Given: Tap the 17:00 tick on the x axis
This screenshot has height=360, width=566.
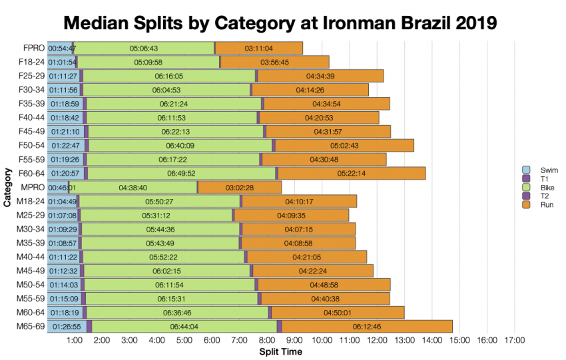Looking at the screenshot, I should [515, 340].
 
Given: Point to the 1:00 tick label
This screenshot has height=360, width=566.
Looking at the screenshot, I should [74, 340].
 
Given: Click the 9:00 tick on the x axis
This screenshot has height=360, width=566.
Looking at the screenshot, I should [294, 340].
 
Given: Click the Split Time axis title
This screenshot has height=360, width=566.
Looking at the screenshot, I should [280, 351].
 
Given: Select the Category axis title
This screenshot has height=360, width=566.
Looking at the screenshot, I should [7, 188].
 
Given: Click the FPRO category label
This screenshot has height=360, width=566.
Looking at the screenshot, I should [33, 48].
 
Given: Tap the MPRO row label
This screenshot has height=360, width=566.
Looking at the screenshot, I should [33, 188].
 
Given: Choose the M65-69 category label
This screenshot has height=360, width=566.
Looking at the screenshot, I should [30, 327].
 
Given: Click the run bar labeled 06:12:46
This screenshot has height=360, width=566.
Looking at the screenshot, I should [367, 327].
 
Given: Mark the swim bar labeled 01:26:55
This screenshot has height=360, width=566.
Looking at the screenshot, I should [65, 327].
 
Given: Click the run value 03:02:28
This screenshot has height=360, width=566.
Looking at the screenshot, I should [240, 188].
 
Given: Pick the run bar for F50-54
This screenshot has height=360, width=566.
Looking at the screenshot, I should [344, 146].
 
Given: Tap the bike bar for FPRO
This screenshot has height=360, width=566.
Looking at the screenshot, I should [143, 48].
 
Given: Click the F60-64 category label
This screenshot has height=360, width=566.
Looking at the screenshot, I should [31, 174].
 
